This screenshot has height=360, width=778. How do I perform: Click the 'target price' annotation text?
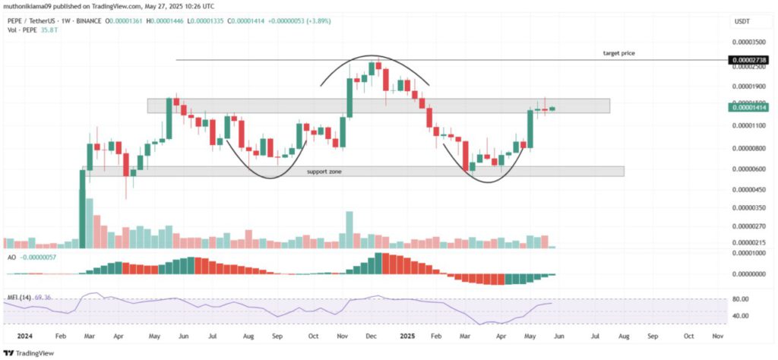tap(619, 53)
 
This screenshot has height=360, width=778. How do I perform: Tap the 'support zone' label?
tap(324, 172)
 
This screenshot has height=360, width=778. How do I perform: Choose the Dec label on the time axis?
tap(371, 335)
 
